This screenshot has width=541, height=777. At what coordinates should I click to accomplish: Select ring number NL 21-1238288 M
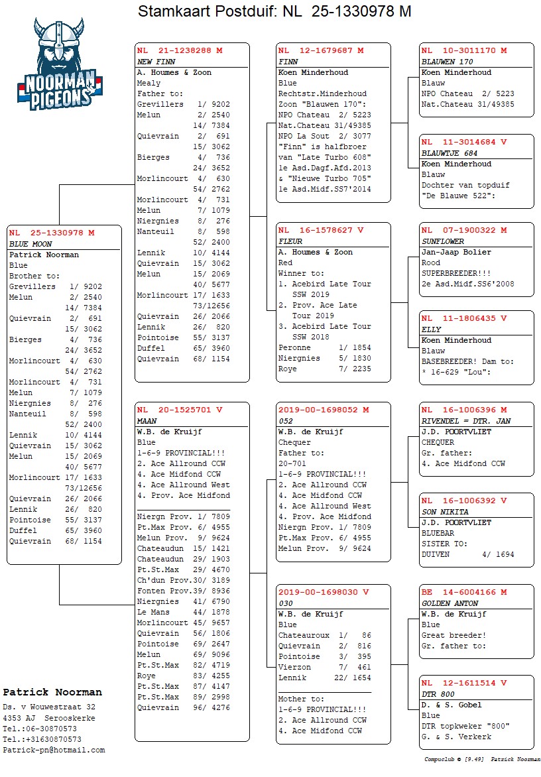(x=180, y=50)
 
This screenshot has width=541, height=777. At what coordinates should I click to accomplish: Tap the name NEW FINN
(x=156, y=62)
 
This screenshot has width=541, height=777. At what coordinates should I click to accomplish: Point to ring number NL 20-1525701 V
(x=180, y=410)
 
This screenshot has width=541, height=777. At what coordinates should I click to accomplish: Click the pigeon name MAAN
(x=147, y=421)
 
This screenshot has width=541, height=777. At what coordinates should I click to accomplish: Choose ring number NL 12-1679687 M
(x=321, y=50)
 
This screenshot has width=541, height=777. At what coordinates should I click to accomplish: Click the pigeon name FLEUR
(x=290, y=241)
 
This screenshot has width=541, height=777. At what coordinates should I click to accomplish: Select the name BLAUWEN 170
(x=448, y=62)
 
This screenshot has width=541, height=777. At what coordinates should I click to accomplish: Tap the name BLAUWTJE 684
(x=450, y=153)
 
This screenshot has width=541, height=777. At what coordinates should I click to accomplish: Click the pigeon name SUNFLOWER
(x=443, y=241)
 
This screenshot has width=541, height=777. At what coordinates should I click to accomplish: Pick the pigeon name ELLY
(x=432, y=329)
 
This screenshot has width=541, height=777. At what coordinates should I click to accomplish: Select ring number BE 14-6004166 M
(x=464, y=592)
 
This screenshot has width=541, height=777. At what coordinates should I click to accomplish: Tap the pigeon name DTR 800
(x=438, y=694)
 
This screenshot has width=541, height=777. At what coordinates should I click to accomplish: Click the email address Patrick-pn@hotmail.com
(x=54, y=750)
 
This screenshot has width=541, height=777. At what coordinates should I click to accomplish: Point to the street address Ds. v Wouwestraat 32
(x=49, y=707)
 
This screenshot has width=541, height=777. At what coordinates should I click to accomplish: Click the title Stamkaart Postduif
(x=206, y=11)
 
